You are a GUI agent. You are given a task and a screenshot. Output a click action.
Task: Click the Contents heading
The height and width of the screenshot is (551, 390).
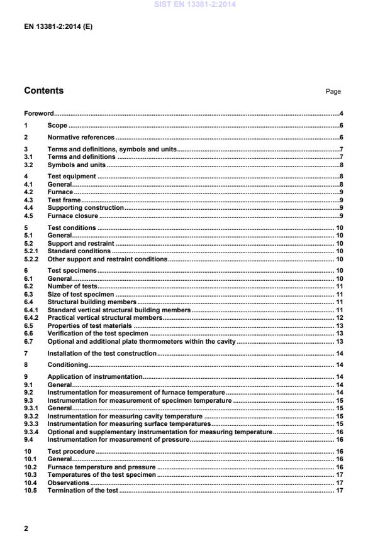click(x=43, y=90)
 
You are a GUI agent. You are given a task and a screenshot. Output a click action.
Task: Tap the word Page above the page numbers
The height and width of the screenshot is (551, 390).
click(x=333, y=92)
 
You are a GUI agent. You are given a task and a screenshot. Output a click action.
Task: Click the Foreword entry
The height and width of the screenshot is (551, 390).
click(x=38, y=114)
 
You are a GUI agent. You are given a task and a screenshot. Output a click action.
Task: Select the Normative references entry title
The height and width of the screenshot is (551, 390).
click(x=81, y=137)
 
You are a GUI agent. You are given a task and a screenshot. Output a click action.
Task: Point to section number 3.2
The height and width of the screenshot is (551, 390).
click(x=29, y=165)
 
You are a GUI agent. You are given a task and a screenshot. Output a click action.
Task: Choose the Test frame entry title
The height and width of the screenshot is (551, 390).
click(x=64, y=200)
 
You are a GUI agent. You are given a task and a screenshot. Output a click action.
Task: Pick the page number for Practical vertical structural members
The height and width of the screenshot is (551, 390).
click(x=338, y=318)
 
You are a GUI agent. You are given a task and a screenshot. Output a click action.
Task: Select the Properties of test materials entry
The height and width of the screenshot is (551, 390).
click(x=90, y=326)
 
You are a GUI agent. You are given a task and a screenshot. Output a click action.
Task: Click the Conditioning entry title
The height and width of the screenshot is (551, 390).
click(x=67, y=365)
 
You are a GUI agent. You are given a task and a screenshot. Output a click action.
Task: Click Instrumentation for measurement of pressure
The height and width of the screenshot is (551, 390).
click(x=118, y=440)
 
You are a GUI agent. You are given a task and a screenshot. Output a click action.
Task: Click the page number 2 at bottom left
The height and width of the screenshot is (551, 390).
click(x=26, y=528)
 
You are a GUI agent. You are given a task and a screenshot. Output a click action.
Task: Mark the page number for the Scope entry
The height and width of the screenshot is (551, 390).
click(x=340, y=126)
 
